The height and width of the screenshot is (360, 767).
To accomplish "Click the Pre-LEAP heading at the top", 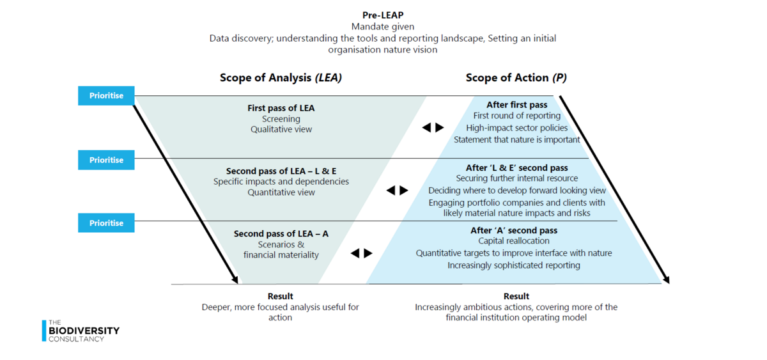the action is pyautogui.click(x=383, y=15).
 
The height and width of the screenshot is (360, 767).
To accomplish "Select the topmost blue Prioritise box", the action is pyautogui.click(x=106, y=95).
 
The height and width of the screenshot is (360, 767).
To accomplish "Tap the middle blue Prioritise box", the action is pyautogui.click(x=106, y=160).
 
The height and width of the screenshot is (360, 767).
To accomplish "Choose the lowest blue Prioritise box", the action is pyautogui.click(x=106, y=223).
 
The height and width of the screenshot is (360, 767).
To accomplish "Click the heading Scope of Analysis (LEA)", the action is pyautogui.click(x=281, y=78).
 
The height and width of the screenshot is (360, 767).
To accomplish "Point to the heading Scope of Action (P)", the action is pyautogui.click(x=516, y=78).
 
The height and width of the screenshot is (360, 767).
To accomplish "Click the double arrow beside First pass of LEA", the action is pyautogui.click(x=433, y=127).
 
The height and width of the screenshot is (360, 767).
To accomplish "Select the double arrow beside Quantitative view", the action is pyautogui.click(x=397, y=190).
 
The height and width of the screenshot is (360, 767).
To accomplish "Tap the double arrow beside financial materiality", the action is pyautogui.click(x=362, y=253).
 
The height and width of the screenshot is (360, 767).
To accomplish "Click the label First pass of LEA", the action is pyautogui.click(x=281, y=108).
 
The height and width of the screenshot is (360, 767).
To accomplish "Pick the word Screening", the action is pyautogui.click(x=281, y=119).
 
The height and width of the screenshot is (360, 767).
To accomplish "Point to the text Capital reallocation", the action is pyautogui.click(x=514, y=241).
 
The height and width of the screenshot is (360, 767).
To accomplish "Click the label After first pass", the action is pyautogui.click(x=516, y=105).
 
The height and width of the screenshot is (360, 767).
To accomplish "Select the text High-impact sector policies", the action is pyautogui.click(x=516, y=128).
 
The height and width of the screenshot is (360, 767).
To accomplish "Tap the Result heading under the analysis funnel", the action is pyautogui.click(x=281, y=296).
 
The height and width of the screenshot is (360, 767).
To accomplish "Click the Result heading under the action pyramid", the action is pyautogui.click(x=516, y=296).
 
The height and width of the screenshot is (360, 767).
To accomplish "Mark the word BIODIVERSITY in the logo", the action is pyautogui.click(x=84, y=331).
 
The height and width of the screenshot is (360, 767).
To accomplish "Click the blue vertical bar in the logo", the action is pyautogui.click(x=44, y=331).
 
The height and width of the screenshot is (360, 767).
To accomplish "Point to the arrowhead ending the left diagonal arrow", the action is pyautogui.click(x=235, y=279).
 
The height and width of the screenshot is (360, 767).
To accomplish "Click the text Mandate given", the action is pyautogui.click(x=383, y=26).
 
